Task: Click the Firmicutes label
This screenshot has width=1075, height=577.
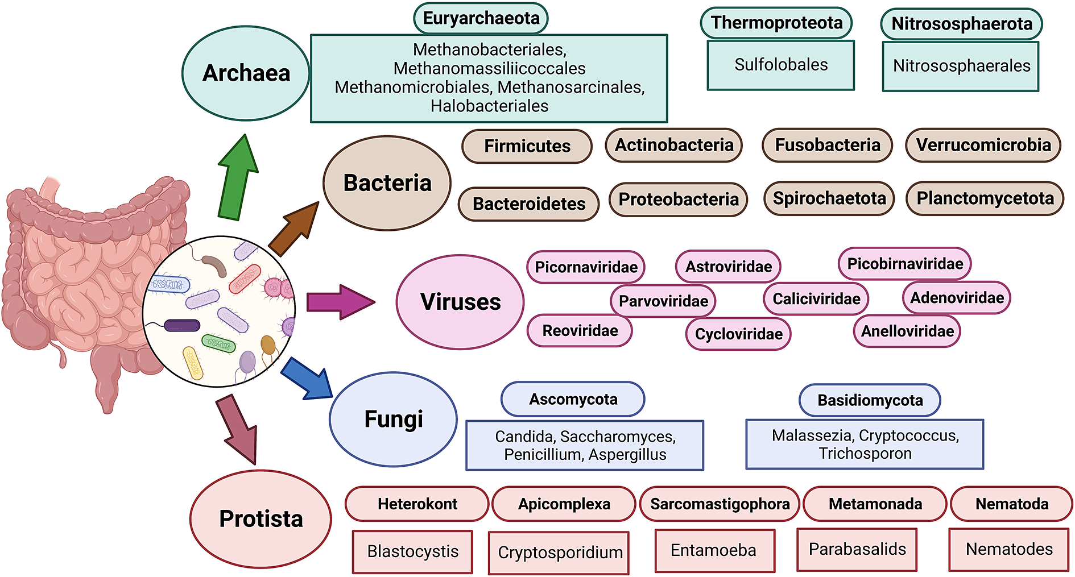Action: pos(527,146)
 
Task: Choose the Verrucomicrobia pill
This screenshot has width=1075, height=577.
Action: pos(983,145)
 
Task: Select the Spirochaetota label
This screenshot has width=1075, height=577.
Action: pos(829,198)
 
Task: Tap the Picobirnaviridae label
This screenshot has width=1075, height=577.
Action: pos(904,264)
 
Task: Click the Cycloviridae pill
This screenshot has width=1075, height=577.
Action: pos(738,334)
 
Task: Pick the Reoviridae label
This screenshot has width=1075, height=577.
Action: pos(580,331)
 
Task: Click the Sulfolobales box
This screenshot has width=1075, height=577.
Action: pos(780,65)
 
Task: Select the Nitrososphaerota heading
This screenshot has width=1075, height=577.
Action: pos(961,24)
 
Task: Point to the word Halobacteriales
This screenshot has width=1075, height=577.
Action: pos(489,106)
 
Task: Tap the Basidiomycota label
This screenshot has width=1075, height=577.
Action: pos(870,400)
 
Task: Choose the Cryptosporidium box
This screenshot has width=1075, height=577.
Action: pos(559,553)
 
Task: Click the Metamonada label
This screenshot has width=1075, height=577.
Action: pos(875,504)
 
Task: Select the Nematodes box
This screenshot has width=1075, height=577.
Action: pos(1008,549)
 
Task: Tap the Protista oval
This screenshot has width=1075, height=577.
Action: pos(261,518)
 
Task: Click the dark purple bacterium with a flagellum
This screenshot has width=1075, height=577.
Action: pos(181,326)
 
